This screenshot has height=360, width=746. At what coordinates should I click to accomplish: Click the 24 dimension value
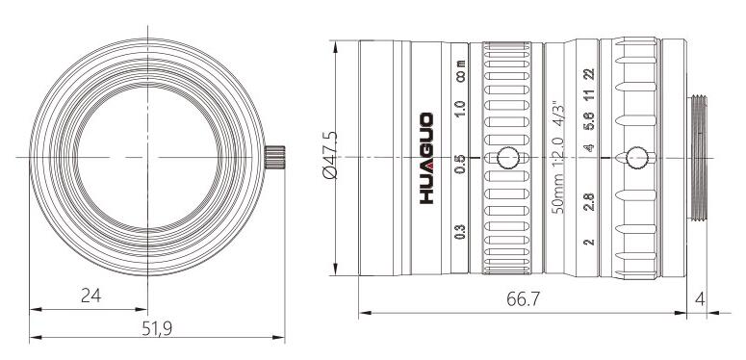(x=90, y=296)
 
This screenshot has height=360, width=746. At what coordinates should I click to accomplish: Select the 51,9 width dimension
(x=157, y=328)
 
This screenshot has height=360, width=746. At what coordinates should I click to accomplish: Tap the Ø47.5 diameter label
(x=329, y=155)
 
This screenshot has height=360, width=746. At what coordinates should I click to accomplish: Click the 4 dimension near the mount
(x=700, y=299)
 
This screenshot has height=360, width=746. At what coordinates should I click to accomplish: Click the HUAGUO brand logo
(x=426, y=158)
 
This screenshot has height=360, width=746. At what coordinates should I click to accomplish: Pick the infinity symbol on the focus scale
(x=460, y=76)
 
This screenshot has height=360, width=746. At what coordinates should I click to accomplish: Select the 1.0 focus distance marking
(x=460, y=109)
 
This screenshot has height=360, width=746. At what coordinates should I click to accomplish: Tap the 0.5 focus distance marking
(x=460, y=165)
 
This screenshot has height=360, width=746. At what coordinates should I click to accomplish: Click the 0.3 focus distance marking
(x=460, y=230)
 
